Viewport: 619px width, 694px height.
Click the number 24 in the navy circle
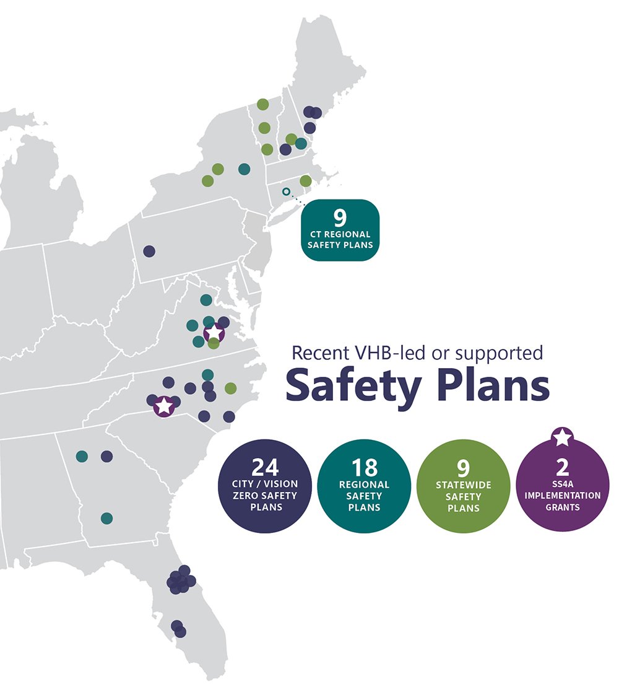[266, 467]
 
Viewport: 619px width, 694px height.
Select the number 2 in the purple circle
[562, 466]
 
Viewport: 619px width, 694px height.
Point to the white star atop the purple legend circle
[562, 437]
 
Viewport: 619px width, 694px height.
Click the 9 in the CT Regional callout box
[339, 218]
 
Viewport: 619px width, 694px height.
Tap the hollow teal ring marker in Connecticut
[286, 191]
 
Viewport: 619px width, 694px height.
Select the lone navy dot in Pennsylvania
[149, 251]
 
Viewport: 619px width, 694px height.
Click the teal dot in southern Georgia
[106, 518]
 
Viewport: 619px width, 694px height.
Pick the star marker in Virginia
[214, 333]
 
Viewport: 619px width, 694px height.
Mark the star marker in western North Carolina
[163, 406]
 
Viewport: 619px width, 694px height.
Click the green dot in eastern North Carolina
[230, 388]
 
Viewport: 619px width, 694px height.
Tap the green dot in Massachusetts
[306, 180]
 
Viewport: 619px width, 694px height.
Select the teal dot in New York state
[244, 169]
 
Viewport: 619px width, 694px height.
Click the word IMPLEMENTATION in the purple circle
[562, 496]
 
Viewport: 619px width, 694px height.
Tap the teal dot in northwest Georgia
[82, 456]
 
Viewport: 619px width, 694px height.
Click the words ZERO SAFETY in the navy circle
[266, 496]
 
